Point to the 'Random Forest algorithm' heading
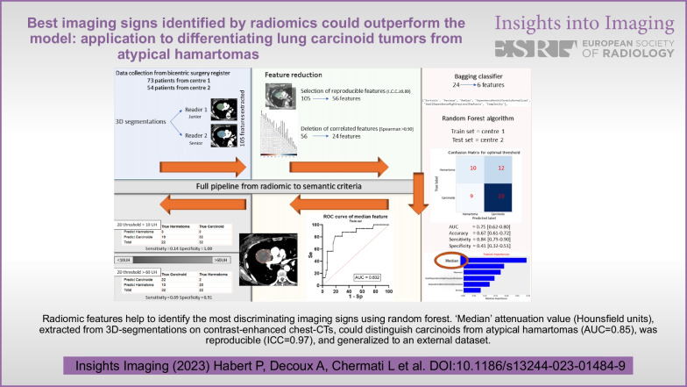[478, 118]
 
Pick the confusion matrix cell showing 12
[500, 167]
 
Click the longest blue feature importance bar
[495, 261]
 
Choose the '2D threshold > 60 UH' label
[135, 274]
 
